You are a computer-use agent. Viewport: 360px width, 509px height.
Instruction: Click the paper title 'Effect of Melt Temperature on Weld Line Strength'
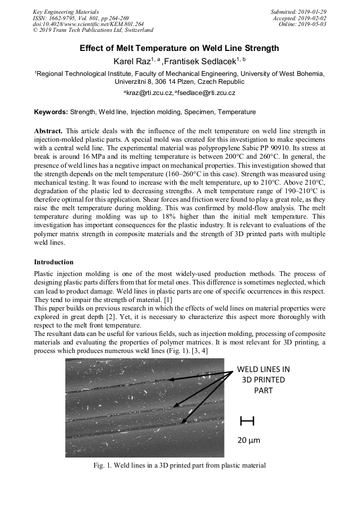pos(179,48)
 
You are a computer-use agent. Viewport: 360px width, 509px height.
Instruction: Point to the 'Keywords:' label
pos(51,112)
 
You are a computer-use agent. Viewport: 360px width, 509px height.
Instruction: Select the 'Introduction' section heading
pos(54,262)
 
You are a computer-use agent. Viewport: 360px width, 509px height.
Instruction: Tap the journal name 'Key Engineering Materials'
pos(66,12)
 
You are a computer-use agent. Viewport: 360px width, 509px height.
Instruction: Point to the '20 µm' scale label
pos(248,440)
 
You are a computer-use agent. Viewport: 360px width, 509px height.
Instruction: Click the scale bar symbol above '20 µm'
pos(247,421)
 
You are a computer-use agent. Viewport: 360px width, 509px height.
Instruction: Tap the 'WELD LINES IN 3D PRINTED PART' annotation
pos(263,379)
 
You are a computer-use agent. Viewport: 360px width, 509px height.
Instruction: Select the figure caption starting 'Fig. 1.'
pos(179,465)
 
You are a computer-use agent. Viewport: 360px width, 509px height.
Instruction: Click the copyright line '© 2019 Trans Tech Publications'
pos(93,30)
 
